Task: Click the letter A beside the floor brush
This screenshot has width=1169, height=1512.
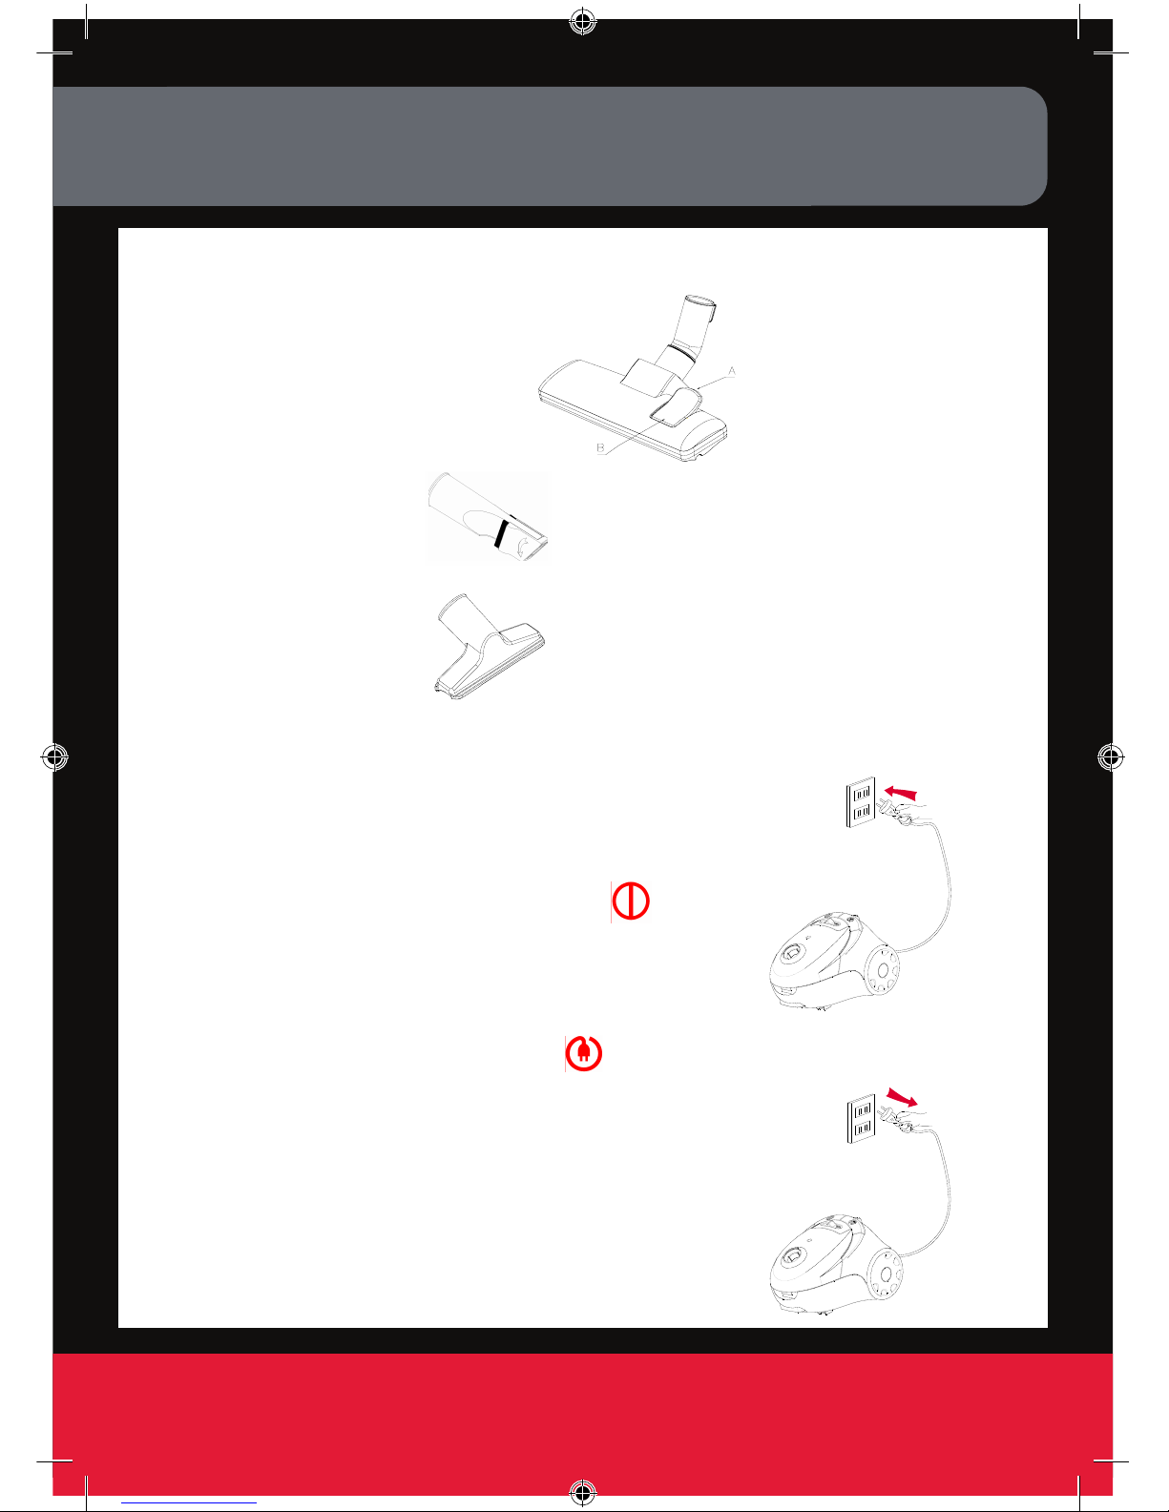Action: (x=731, y=372)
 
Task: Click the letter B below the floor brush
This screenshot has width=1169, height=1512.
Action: (x=600, y=447)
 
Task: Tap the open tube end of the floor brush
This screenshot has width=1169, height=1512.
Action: (x=700, y=300)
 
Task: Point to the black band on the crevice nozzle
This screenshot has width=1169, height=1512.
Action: (x=501, y=532)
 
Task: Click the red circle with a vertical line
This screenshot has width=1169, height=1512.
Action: (x=631, y=901)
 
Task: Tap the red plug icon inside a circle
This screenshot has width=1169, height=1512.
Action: (x=583, y=1053)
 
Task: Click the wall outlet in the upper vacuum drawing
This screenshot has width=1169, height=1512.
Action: (x=861, y=802)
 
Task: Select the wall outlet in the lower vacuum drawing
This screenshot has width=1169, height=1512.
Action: (x=862, y=1119)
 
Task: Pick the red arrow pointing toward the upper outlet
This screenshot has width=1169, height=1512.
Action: (x=901, y=793)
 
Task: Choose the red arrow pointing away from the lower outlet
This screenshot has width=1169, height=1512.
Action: (x=902, y=1097)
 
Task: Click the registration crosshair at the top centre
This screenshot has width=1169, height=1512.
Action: (x=583, y=22)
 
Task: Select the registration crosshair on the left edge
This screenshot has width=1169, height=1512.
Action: (x=55, y=756)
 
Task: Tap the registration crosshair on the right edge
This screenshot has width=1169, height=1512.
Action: (x=1111, y=756)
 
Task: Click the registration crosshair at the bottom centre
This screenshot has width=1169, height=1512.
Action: (x=583, y=1492)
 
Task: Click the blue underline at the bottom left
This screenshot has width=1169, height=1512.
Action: (x=189, y=1502)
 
